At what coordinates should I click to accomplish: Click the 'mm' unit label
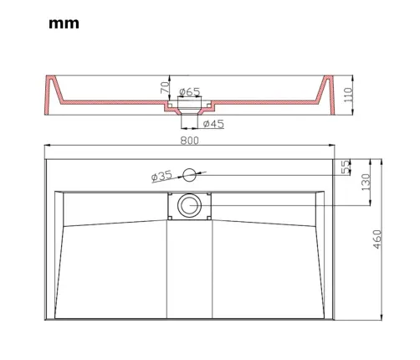(x=64, y=23)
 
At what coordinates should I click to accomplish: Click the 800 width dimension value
(x=190, y=141)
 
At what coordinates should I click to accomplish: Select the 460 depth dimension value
(x=376, y=239)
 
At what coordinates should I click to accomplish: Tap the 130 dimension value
(x=366, y=183)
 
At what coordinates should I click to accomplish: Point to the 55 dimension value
(x=346, y=167)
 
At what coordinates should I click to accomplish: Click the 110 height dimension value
(x=348, y=95)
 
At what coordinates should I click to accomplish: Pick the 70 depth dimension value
(x=165, y=87)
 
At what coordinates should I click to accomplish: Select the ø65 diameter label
(x=190, y=91)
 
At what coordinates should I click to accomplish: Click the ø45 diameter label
(x=213, y=124)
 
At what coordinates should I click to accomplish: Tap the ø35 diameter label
(x=161, y=177)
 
